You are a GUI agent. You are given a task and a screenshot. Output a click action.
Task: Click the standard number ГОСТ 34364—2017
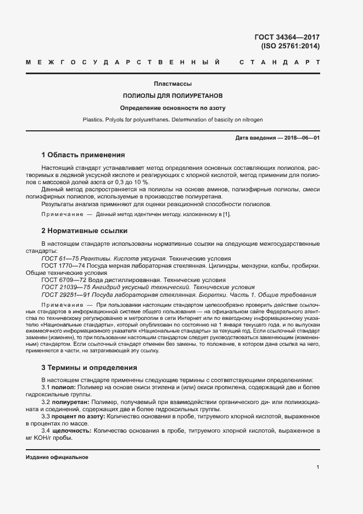tap(287, 37)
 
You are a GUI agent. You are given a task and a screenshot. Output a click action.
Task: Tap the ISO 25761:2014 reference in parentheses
tap(290, 46)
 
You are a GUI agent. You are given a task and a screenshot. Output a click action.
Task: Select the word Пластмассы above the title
tap(172, 84)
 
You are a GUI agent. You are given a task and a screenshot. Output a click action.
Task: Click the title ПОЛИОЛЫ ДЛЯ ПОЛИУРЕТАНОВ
tap(172, 96)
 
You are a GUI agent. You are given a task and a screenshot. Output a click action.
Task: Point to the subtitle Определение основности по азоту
tap(172, 108)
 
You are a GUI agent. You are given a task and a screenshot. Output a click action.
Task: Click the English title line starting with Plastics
tap(172, 119)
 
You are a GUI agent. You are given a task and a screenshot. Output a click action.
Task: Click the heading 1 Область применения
tap(83, 154)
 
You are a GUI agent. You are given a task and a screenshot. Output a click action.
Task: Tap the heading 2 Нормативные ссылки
tap(84, 230)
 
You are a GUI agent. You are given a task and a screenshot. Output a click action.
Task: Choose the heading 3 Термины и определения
tap(89, 367)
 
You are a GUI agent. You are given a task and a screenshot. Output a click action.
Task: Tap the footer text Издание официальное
tap(57, 457)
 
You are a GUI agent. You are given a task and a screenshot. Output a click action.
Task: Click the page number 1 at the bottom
tap(318, 467)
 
